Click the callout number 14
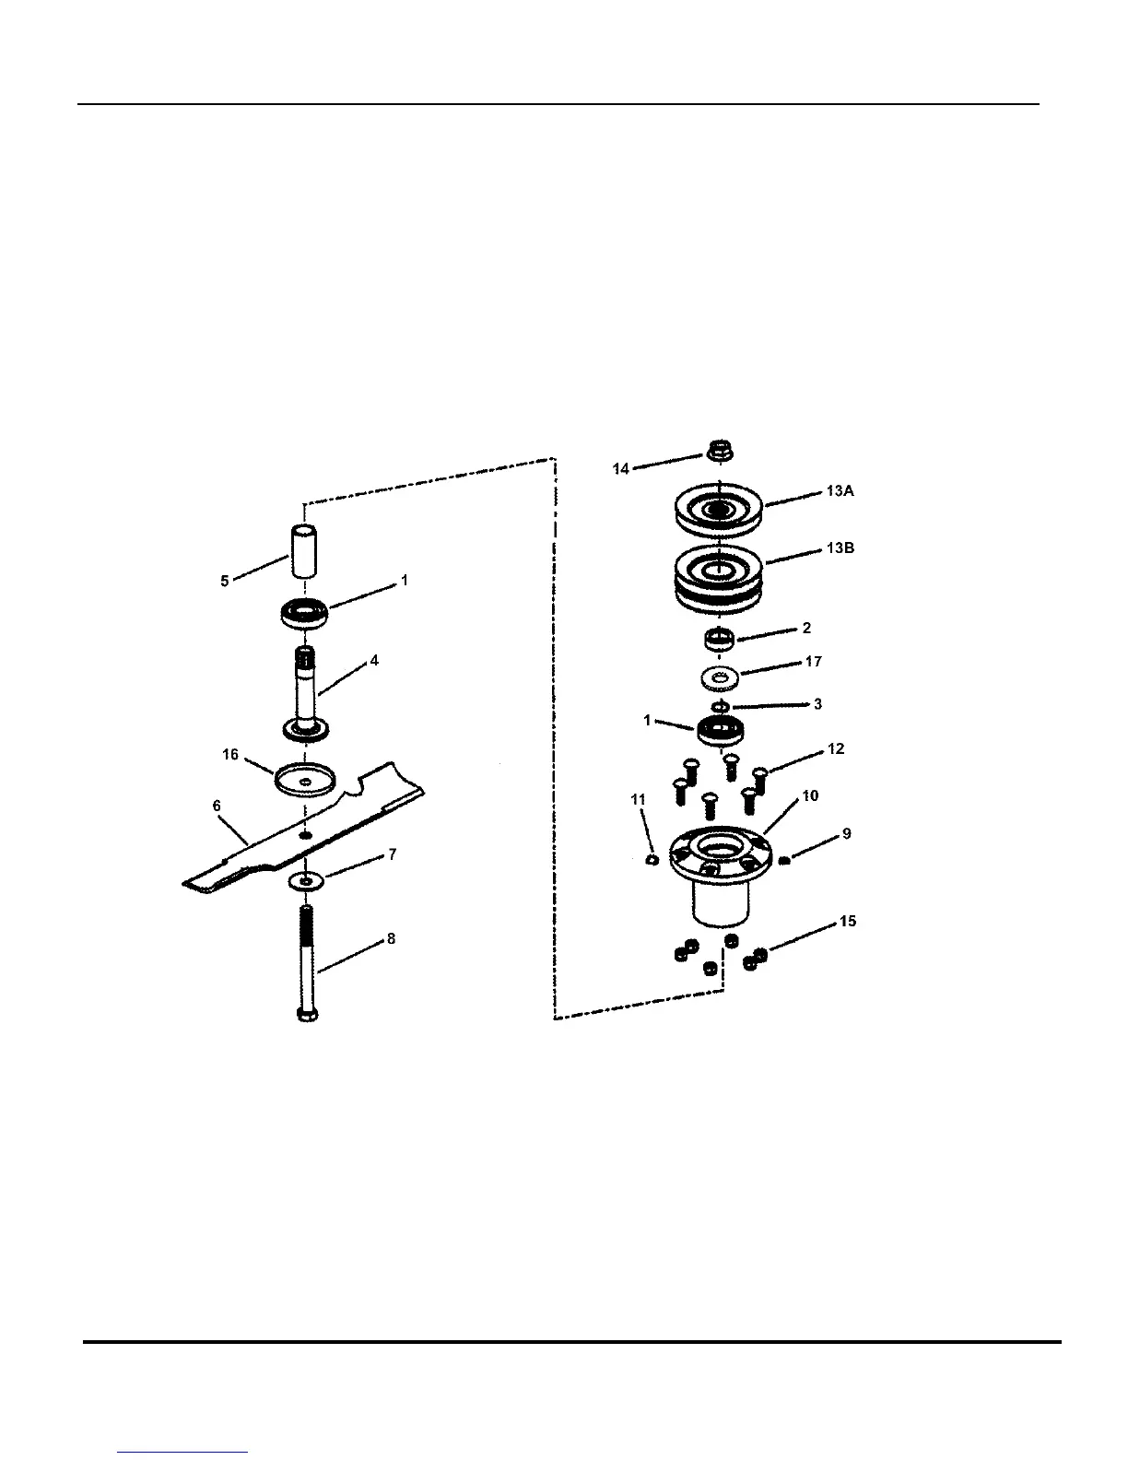(620, 469)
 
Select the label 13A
(840, 491)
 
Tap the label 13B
(840, 547)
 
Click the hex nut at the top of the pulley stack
(719, 452)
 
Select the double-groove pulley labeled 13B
(717, 581)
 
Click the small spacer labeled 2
(718, 638)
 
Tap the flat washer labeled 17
(717, 678)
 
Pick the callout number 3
(817, 704)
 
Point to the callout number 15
(848, 921)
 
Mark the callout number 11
(639, 800)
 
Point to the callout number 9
(846, 834)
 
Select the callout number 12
(836, 749)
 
